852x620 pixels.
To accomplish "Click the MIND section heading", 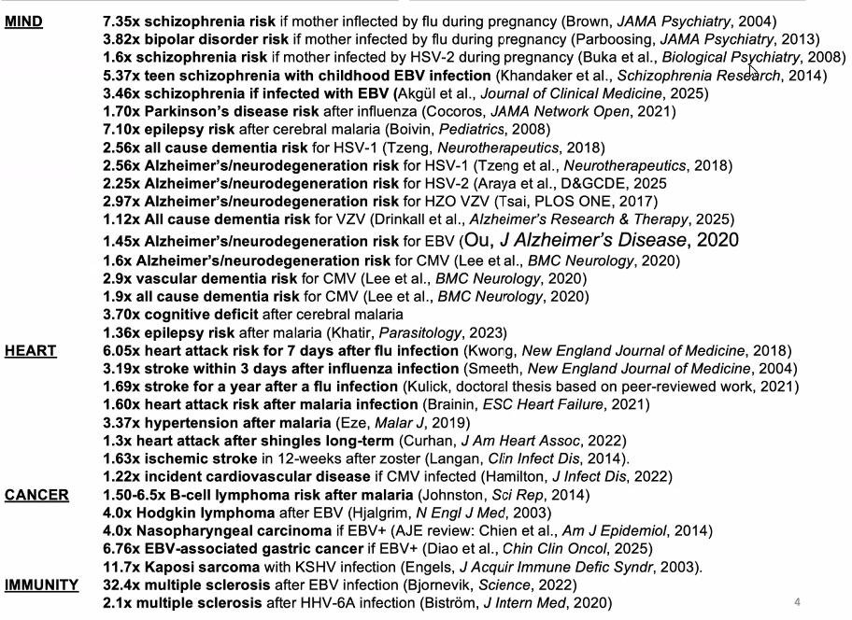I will coord(23,21).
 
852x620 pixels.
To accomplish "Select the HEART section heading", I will coord(30,351).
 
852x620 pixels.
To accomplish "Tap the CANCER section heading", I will coord(36,495).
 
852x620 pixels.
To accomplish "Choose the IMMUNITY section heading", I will coord(41,585).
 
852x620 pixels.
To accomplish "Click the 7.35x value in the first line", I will coord(122,21).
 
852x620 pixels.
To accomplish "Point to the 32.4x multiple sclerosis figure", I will coord(122,585).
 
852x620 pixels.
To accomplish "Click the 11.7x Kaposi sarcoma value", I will coord(122,567).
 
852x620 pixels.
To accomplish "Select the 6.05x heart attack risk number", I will coord(122,351).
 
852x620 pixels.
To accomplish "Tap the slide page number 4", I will coord(797,601).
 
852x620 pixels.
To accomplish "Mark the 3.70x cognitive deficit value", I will coord(122,315).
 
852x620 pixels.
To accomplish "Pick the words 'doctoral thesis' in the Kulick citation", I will coord(517,387).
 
